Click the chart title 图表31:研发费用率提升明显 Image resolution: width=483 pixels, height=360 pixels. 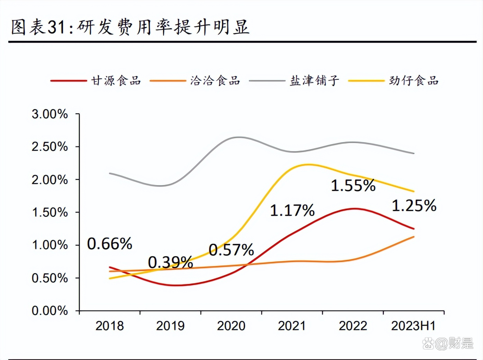tap(130, 27)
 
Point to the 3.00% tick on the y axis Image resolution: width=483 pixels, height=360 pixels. tap(50, 114)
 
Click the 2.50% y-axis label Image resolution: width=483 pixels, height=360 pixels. tap(50, 146)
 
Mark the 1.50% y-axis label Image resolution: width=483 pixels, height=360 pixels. tap(50, 212)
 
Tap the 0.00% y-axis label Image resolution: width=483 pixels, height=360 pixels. tap(50, 310)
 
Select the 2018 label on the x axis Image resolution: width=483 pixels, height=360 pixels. tap(109, 326)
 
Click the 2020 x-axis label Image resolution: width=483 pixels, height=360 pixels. tap(231, 326)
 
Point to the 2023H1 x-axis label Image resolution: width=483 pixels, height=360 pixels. tap(413, 326)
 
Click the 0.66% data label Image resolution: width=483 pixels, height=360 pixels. tap(109, 244)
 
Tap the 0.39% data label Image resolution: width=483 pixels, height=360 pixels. tap(170, 262)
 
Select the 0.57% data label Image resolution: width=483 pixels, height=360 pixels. tap(231, 250)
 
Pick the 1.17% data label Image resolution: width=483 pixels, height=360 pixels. tap(292, 210)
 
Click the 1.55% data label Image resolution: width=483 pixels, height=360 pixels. tap(353, 186)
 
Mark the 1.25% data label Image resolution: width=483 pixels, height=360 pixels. tap(414, 206)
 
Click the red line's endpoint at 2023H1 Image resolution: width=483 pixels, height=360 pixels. tap(414, 229)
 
